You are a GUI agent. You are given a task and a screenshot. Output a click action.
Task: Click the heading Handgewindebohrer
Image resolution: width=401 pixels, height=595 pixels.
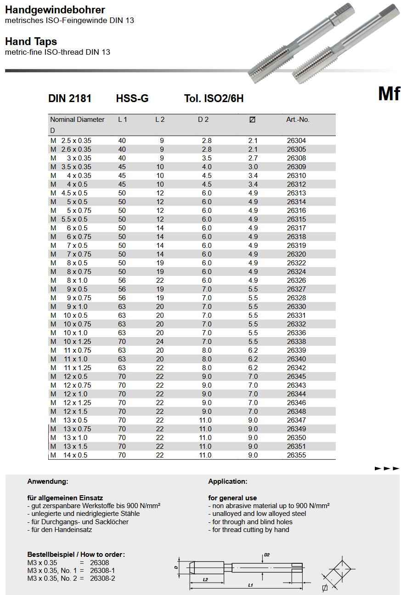point(55,10)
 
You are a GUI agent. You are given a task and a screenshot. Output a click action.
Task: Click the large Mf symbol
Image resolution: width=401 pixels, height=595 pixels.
point(389,94)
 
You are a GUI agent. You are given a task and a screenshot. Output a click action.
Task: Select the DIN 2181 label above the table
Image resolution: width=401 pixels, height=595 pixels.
point(70,98)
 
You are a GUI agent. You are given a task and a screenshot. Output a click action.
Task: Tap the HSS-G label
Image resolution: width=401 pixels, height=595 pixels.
point(132,98)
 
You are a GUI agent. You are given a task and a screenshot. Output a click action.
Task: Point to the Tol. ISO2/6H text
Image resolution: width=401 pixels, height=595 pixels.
point(214,98)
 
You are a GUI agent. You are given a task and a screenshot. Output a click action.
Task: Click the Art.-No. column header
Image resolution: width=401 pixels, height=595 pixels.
point(298,120)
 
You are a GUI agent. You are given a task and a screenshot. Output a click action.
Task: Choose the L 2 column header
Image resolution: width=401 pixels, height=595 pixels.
point(159,120)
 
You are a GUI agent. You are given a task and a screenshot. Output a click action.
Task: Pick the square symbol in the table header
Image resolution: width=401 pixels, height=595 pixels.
point(252,120)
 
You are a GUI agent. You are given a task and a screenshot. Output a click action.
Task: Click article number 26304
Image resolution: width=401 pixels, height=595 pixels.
point(296,141)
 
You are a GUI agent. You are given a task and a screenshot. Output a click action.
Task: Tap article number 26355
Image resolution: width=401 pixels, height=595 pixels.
point(296,455)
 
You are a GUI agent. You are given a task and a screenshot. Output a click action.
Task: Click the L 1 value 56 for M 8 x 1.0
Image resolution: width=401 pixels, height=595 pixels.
point(122,280)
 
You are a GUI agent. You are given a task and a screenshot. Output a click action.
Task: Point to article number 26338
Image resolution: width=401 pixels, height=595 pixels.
point(296,342)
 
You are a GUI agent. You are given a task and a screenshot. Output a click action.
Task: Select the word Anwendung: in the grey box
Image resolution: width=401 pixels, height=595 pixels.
point(48,481)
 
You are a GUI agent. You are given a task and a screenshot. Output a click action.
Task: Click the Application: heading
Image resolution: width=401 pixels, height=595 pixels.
point(228,481)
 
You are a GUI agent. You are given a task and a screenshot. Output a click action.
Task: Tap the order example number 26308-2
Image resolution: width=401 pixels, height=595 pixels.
point(102,578)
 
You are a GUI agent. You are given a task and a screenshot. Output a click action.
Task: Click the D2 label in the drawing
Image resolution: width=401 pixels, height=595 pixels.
point(267,555)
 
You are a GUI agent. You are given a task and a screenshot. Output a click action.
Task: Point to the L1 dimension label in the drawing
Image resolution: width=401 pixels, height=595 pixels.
point(250,585)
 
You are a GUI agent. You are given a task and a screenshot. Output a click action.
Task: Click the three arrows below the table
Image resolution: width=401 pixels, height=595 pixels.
point(387,468)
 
